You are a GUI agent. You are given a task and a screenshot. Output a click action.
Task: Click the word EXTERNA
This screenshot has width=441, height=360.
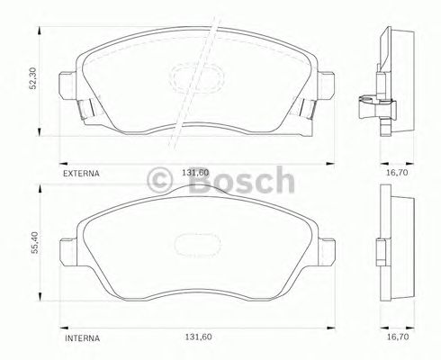pos(80,171)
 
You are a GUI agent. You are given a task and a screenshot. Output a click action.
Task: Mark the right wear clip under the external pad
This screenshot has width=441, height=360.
pos(304,110)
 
